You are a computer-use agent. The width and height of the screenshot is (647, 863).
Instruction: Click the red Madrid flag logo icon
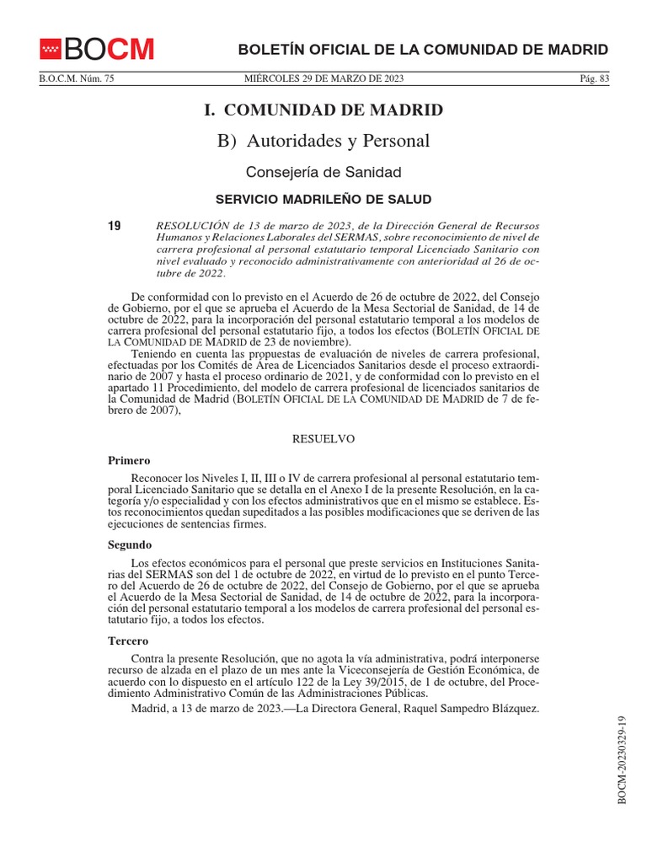click(x=51, y=50)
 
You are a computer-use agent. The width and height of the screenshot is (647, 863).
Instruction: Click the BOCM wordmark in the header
click(x=110, y=50)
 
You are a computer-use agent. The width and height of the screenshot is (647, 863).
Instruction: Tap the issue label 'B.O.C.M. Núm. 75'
click(x=77, y=79)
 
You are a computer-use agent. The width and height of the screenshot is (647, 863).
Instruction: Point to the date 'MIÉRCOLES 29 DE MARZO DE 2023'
click(x=323, y=79)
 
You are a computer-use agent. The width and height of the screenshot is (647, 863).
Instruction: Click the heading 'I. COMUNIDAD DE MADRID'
click(x=323, y=110)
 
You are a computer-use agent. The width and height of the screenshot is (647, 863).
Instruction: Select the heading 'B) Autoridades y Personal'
click(x=323, y=141)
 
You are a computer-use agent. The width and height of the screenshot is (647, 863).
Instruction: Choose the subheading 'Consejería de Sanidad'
click(x=323, y=172)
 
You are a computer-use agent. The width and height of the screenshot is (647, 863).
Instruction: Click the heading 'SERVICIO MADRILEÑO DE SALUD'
click(x=323, y=200)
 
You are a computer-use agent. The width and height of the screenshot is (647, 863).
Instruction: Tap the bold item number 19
click(x=115, y=226)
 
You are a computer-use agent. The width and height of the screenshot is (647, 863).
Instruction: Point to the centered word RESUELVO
click(x=323, y=439)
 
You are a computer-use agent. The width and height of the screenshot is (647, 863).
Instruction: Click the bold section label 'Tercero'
click(x=129, y=641)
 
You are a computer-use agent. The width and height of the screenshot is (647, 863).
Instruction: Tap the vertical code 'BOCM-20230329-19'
click(x=623, y=759)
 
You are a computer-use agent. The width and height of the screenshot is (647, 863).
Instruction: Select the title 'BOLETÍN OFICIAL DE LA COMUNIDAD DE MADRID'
click(x=423, y=49)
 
